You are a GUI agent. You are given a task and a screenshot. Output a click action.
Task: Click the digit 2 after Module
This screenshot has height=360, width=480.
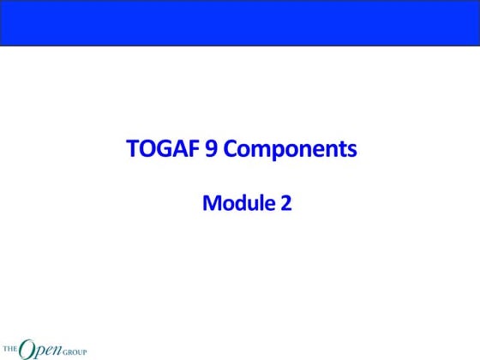[285, 204]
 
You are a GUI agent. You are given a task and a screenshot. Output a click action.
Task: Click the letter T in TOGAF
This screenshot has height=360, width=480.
[132, 150]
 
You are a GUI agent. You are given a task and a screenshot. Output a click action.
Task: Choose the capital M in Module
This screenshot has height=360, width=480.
[211, 204]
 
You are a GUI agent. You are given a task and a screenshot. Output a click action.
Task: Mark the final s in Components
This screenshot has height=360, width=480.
[351, 152]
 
